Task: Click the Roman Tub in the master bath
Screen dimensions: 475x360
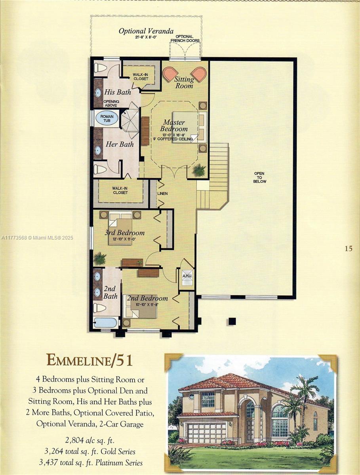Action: pyautogui.click(x=107, y=119)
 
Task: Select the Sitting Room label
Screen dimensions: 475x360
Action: pyautogui.click(x=184, y=82)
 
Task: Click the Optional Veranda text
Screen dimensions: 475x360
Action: pyautogui.click(x=146, y=31)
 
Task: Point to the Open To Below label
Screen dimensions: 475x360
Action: pyautogui.click(x=260, y=177)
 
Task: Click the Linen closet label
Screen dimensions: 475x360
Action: pyautogui.click(x=162, y=194)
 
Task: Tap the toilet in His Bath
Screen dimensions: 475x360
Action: pyautogui.click(x=101, y=68)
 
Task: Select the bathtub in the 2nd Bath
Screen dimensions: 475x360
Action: pyautogui.click(x=106, y=322)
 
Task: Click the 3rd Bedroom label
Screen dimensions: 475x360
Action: pyautogui.click(x=124, y=233)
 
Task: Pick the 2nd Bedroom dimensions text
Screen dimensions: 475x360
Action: pyautogui.click(x=147, y=305)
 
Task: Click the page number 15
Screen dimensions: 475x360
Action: pyautogui.click(x=349, y=249)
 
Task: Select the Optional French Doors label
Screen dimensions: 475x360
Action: pyautogui.click(x=185, y=39)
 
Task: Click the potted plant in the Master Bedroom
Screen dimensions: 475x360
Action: pyautogui.click(x=199, y=170)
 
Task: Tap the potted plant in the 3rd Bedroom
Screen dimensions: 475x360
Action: pyautogui.click(x=100, y=259)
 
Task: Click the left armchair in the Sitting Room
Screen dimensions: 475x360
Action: pyautogui.click(x=171, y=74)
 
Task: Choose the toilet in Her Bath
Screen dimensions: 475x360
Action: pyautogui.click(x=100, y=169)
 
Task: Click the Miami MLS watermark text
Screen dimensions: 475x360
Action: pyautogui.click(x=37, y=238)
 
